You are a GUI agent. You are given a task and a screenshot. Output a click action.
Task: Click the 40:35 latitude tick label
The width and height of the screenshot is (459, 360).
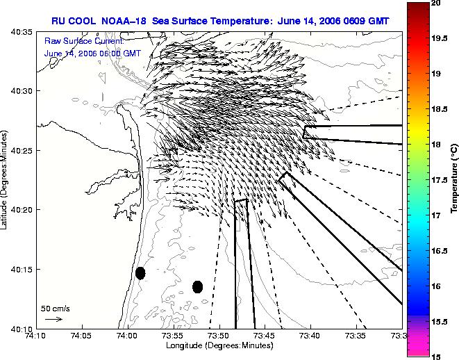click(x=22, y=32)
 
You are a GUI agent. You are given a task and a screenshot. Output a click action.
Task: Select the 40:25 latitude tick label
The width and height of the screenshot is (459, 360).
click(x=22, y=151)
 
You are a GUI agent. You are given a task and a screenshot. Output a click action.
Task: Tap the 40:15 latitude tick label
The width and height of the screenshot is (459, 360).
click(x=22, y=270)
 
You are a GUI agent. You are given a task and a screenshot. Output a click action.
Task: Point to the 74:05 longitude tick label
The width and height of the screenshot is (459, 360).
click(x=82, y=336)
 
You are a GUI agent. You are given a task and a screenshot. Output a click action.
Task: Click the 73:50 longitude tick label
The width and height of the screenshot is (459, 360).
click(x=219, y=336)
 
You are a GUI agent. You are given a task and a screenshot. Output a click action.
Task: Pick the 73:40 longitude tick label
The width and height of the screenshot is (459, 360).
click(x=310, y=336)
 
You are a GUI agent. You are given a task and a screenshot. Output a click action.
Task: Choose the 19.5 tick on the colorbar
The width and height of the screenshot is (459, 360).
click(x=440, y=38)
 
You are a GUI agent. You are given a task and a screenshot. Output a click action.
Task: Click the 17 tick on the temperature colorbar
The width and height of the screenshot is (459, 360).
click(x=436, y=215)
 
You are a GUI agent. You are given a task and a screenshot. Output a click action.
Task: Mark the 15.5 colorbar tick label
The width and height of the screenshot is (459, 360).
click(x=440, y=322)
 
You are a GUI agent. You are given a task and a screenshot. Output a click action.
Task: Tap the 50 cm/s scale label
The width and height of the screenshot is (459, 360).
click(x=56, y=309)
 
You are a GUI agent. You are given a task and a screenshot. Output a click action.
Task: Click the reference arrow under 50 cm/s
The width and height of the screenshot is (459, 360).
click(x=53, y=319)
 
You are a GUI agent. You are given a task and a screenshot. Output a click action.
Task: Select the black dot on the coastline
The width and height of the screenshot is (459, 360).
click(x=140, y=273)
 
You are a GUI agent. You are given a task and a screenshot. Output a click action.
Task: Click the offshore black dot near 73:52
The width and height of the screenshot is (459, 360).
click(x=198, y=287)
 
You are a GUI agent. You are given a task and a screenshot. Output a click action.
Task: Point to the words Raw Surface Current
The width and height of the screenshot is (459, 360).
click(x=84, y=41)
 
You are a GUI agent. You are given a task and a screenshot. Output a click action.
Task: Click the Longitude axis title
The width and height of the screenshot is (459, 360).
click(x=219, y=345)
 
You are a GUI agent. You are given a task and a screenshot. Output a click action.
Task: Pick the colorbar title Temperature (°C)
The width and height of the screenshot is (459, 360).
click(x=454, y=179)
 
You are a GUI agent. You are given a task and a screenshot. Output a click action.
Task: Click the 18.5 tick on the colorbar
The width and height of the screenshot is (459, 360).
click(x=440, y=109)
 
